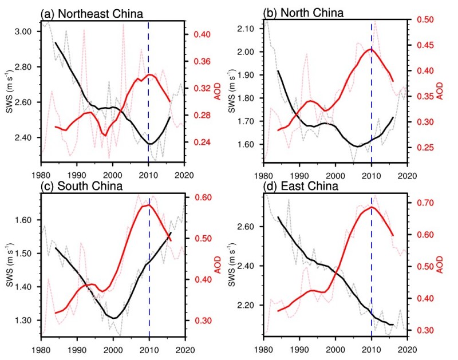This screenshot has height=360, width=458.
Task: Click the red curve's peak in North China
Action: point(372,49)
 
